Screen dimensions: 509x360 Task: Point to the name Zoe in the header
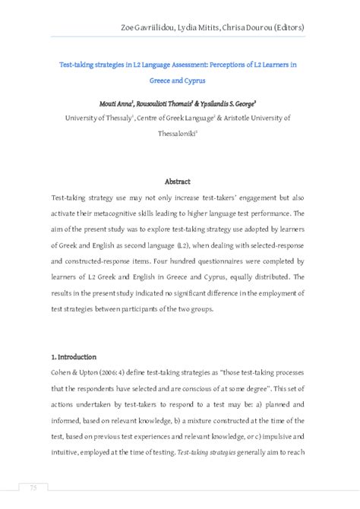[x=129, y=27]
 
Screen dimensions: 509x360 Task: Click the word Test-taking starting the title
[x=76, y=65]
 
